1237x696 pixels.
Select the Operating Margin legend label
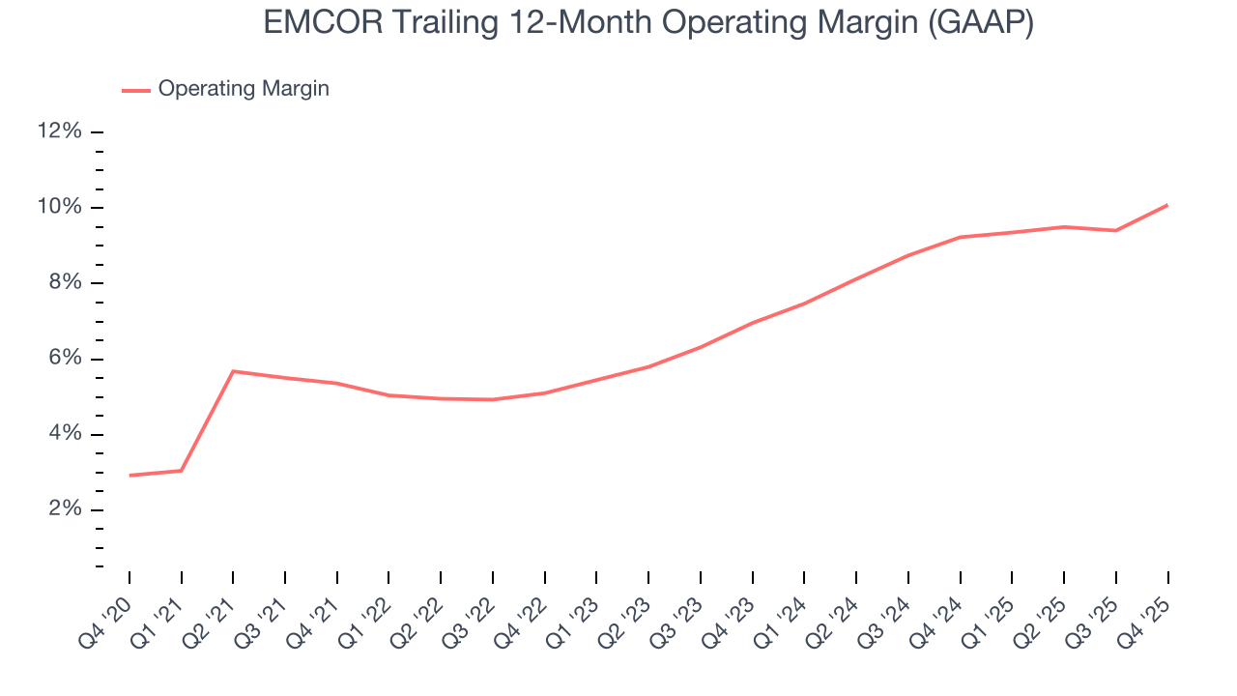(244, 89)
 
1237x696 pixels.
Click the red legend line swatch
(136, 90)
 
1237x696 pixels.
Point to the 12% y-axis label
(59, 131)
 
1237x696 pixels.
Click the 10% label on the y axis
(59, 208)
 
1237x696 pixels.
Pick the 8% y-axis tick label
(64, 283)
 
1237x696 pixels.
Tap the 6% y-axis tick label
(64, 359)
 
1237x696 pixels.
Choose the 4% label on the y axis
(64, 434)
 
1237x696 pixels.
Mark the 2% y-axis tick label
(64, 509)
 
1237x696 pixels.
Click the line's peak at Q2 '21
(233, 371)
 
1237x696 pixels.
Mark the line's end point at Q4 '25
(1167, 205)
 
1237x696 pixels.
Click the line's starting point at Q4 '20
(129, 476)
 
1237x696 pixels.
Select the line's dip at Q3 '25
(1116, 230)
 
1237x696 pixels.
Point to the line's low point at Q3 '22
(493, 399)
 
